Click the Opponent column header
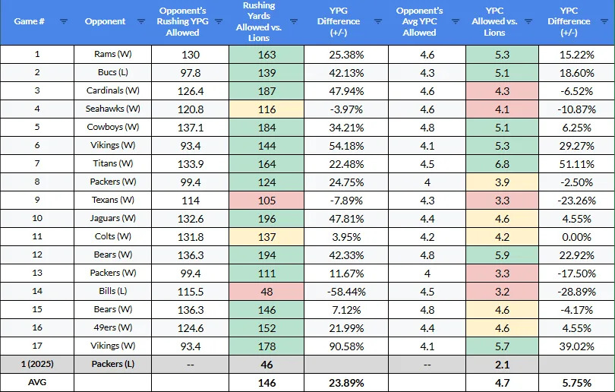(x=105, y=21)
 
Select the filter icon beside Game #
(x=64, y=21)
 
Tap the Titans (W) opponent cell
(x=113, y=164)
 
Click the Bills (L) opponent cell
(x=113, y=292)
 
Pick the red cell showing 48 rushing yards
(x=266, y=292)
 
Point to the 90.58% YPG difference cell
(x=345, y=346)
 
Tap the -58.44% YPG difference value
(x=345, y=292)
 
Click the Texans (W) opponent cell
(x=113, y=201)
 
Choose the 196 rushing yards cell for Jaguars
(x=266, y=219)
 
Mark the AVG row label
(x=37, y=383)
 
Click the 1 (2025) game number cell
(x=37, y=365)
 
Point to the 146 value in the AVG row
(x=266, y=383)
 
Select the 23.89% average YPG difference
(x=345, y=383)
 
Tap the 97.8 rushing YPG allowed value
(x=190, y=73)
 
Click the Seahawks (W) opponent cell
(x=113, y=109)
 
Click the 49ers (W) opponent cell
(x=113, y=328)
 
